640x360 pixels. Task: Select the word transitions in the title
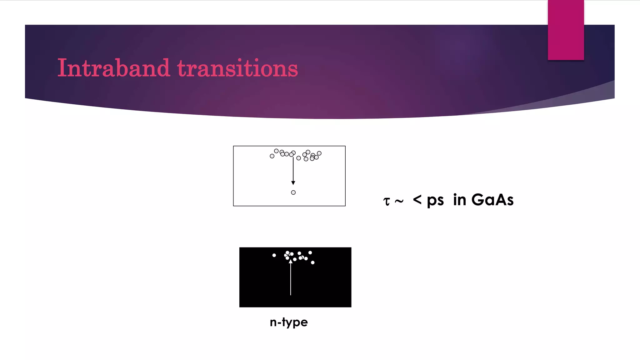[237, 68]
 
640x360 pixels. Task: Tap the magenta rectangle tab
[566, 30]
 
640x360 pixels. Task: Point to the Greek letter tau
[387, 201]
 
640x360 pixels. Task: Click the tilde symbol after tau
[399, 201]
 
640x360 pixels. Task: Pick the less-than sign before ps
[417, 199]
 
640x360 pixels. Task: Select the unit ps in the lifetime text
[435, 201]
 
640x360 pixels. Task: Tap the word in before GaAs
[459, 200]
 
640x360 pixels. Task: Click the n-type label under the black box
[289, 322]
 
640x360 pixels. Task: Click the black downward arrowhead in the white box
[293, 182]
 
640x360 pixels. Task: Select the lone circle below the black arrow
[293, 192]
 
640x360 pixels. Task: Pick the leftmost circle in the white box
[272, 156]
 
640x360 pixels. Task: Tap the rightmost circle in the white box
[319, 153]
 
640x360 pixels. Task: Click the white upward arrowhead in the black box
[291, 261]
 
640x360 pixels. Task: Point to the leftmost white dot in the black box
[274, 255]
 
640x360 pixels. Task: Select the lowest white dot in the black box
[312, 262]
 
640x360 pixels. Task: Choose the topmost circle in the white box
[276, 151]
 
